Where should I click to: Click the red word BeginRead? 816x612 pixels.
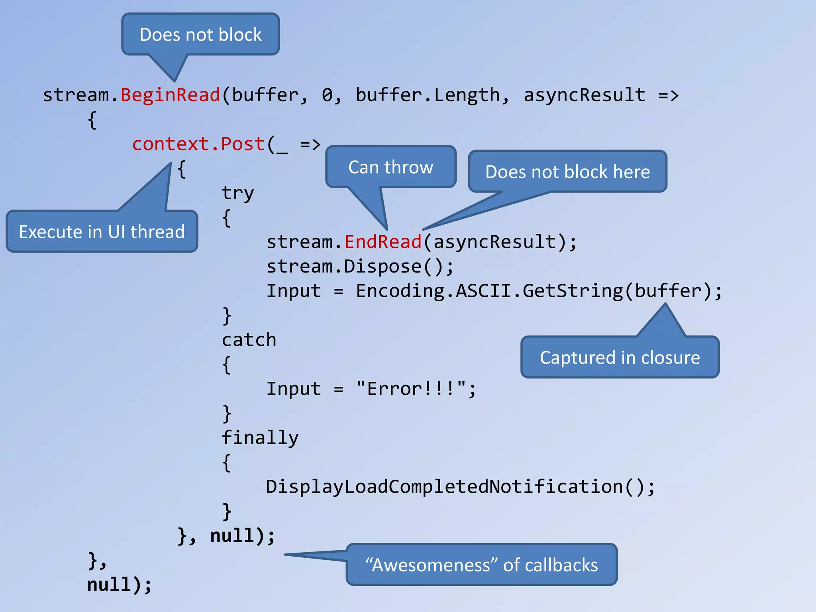click(x=170, y=95)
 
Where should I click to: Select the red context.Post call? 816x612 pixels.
click(x=198, y=144)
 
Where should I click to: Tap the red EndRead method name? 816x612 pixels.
click(x=383, y=242)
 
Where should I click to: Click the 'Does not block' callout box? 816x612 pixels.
click(x=200, y=35)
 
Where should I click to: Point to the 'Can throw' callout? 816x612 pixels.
click(x=390, y=167)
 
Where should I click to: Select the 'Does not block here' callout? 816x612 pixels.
click(x=567, y=172)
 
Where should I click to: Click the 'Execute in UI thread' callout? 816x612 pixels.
click(x=102, y=231)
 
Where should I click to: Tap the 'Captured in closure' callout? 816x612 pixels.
click(x=620, y=357)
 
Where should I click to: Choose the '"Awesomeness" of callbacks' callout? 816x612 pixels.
click(x=481, y=565)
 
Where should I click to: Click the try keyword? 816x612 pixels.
click(x=237, y=193)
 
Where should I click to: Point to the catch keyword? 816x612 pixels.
click(x=249, y=340)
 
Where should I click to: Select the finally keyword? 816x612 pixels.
click(x=260, y=438)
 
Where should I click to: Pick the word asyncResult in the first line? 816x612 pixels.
click(x=584, y=95)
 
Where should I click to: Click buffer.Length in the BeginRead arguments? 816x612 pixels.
click(x=428, y=95)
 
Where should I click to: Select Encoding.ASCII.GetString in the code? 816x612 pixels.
click(x=489, y=291)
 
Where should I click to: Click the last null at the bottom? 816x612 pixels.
click(x=109, y=585)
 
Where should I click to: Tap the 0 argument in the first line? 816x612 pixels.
click(x=327, y=95)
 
